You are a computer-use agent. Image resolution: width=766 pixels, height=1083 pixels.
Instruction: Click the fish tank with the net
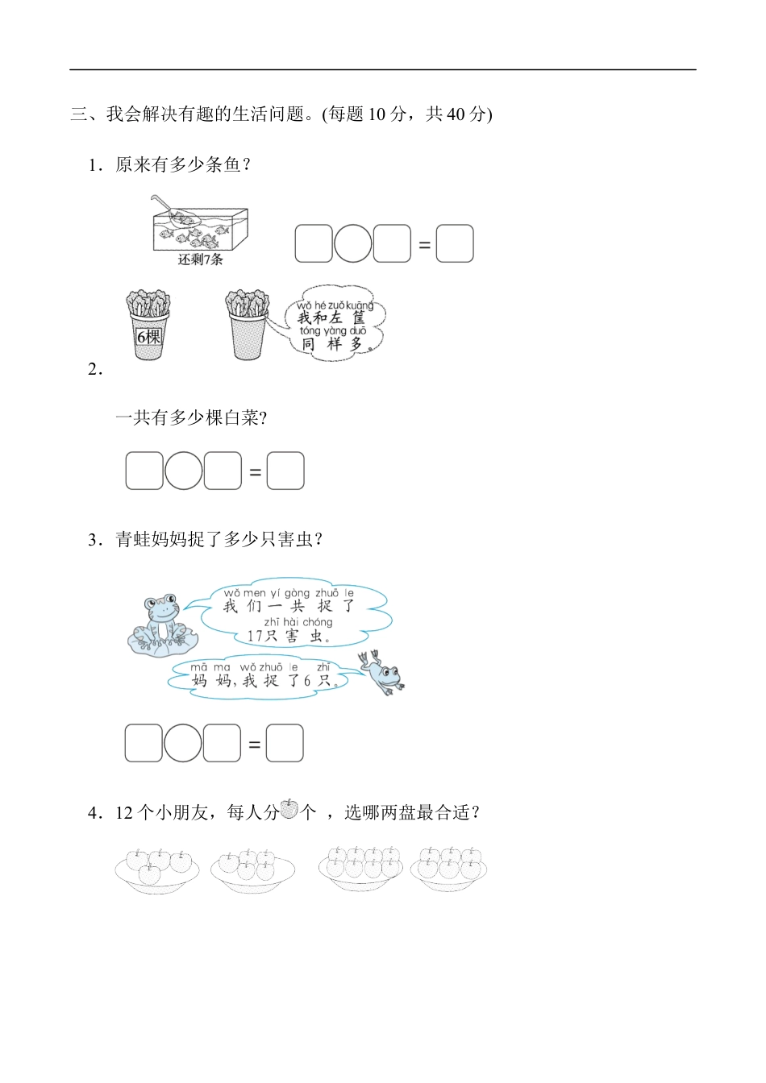coord(200,225)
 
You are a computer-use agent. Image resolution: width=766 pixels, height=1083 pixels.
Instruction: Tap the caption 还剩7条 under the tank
coord(200,259)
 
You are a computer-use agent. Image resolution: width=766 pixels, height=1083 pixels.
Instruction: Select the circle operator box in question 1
coord(353,243)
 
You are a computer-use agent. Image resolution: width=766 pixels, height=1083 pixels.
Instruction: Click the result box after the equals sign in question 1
coord(455,243)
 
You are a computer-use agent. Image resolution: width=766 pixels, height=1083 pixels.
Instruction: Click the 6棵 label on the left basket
coord(148,337)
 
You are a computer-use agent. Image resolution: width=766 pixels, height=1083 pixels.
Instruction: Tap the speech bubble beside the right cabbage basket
coord(335,324)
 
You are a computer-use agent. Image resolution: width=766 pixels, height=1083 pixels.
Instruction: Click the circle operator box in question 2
coord(184,471)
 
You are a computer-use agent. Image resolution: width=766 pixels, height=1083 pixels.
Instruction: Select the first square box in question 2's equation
coord(144,471)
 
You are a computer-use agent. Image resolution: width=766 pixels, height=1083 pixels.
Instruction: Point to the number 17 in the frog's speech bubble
coord(256,636)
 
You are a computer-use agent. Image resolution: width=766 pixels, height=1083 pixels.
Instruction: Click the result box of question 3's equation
coord(285,743)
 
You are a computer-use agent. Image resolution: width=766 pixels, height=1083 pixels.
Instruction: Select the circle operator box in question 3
coord(183,743)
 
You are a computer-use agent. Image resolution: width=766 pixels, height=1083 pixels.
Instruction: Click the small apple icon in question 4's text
coord(289,809)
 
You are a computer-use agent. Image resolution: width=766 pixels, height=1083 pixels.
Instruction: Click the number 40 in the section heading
coord(456,114)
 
